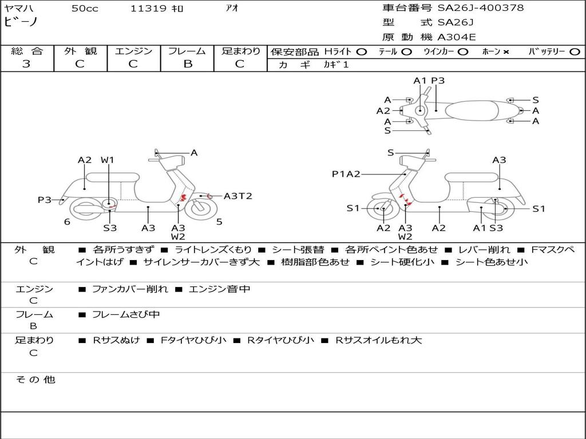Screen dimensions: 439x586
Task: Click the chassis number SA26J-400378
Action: click(481, 8)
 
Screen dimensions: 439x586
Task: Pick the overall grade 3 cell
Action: click(26, 64)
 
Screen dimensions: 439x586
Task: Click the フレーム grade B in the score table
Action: click(187, 64)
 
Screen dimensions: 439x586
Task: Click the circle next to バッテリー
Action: click(575, 51)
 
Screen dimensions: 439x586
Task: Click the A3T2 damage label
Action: click(237, 196)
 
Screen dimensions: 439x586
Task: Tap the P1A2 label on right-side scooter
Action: click(346, 174)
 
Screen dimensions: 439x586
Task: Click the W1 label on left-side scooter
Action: click(108, 160)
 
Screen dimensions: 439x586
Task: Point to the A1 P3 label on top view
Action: click(429, 81)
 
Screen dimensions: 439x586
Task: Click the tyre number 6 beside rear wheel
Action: click(67, 222)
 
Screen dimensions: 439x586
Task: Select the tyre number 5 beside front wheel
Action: click(219, 222)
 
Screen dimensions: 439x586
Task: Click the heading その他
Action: click(35, 380)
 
